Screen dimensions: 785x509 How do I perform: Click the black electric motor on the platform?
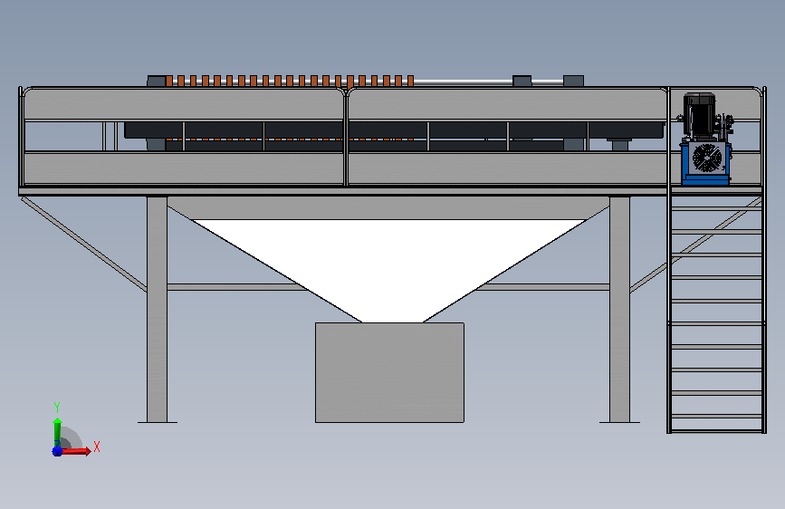(x=699, y=115)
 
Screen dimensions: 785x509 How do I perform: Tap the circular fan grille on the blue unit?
(x=707, y=158)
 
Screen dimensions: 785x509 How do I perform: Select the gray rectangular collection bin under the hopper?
(x=389, y=373)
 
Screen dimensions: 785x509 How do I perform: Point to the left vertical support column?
(x=158, y=309)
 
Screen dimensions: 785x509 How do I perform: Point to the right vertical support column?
(x=620, y=309)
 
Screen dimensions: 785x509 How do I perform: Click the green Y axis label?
(x=57, y=407)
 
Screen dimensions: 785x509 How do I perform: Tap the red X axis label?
(x=97, y=447)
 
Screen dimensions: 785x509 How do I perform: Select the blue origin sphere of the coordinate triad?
(x=57, y=451)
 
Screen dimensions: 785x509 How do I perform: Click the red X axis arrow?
(x=75, y=451)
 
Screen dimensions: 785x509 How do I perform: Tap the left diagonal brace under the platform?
(x=84, y=244)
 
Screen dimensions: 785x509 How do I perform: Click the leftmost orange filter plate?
(x=169, y=81)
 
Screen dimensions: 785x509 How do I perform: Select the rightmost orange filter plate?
(x=410, y=81)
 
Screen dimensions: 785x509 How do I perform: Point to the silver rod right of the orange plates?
(x=463, y=82)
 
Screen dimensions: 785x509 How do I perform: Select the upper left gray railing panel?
(x=183, y=104)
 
